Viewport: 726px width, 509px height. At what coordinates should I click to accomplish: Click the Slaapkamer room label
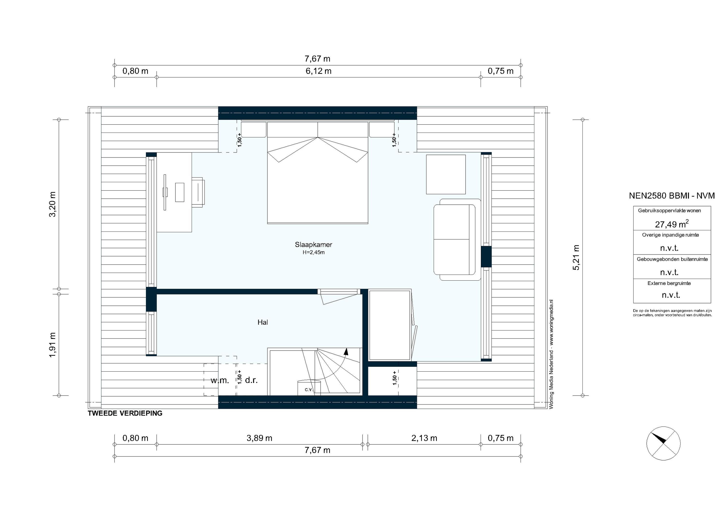(313, 244)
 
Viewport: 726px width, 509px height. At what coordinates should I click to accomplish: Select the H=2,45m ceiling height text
(313, 253)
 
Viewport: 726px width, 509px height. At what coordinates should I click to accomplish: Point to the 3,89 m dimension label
(259, 438)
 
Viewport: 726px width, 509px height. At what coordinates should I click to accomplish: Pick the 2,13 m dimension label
(424, 438)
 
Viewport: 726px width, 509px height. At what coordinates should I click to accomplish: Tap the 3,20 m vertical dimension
(53, 204)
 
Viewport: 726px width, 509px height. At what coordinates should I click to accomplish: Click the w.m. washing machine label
(220, 380)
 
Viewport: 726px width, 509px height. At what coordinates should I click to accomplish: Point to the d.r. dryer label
(251, 380)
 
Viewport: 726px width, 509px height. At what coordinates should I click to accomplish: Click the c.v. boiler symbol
(309, 388)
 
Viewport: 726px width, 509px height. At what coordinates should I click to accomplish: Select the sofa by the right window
(455, 239)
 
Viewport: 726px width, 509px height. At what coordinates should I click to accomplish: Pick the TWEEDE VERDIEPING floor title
(125, 413)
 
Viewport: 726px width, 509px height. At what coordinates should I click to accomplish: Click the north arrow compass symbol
(663, 443)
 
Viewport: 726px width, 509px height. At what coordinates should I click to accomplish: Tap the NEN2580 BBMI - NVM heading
(672, 196)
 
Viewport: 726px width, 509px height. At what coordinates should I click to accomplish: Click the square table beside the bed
(446, 174)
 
